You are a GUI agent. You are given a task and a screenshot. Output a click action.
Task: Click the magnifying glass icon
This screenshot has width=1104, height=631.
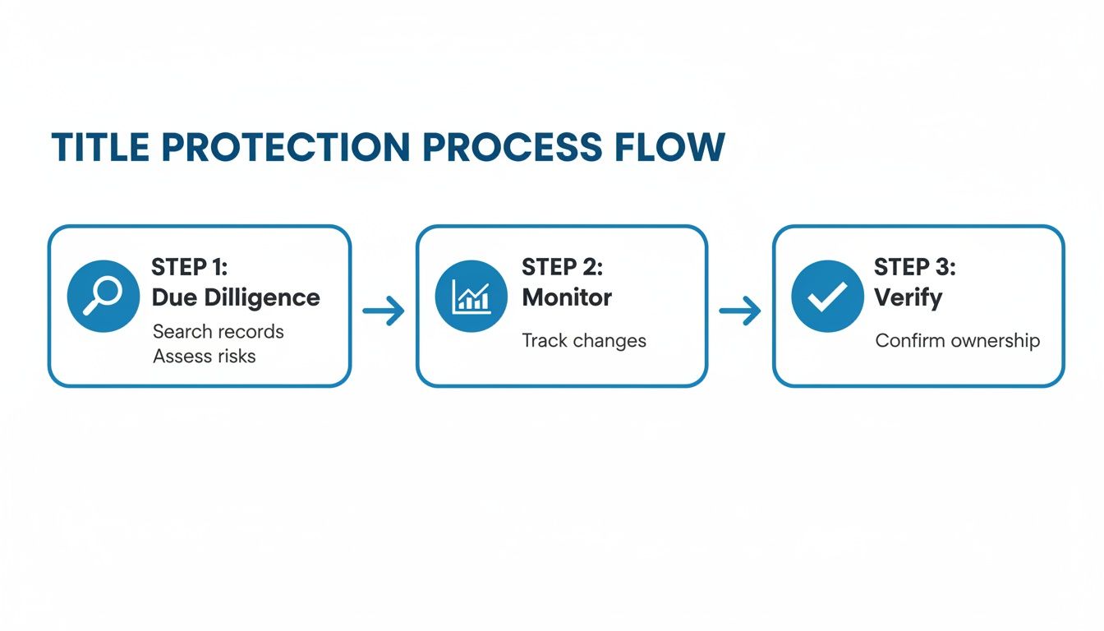[103, 296]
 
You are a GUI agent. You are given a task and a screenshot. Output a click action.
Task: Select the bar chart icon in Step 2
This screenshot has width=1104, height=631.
[471, 296]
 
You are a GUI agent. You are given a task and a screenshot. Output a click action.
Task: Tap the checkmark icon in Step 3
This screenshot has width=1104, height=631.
[827, 297]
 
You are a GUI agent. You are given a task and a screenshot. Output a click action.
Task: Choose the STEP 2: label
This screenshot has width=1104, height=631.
[563, 267]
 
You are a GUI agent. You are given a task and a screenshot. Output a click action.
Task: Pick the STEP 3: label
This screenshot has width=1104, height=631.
[915, 267]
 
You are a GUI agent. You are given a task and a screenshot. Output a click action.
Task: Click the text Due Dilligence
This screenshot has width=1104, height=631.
[236, 297]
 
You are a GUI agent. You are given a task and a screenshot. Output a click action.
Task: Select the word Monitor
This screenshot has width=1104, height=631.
[567, 297]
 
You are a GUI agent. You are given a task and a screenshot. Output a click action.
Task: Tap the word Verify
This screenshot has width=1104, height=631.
[908, 297]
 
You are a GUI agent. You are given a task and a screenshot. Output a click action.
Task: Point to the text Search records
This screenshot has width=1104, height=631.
[218, 332]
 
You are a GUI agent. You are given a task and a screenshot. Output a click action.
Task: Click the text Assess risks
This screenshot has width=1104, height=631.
[205, 356]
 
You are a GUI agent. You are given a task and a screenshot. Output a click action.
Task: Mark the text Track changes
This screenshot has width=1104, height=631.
[584, 340]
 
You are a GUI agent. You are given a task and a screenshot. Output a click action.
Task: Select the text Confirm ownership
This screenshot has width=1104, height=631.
[958, 340]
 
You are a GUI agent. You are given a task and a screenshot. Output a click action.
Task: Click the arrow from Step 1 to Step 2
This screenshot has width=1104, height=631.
[384, 311]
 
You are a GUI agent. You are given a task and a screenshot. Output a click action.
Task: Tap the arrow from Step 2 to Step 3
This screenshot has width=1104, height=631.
[739, 311]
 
